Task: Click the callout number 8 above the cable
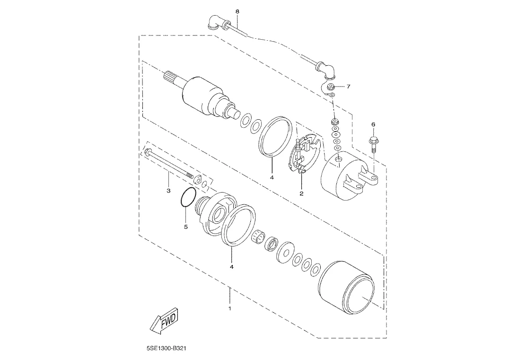pos(237,11)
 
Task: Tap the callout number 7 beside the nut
pos(349,87)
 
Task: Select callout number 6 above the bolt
pos(373,124)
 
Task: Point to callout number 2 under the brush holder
pos(301,193)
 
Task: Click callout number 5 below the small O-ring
pos(185,227)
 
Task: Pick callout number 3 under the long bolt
pos(168,191)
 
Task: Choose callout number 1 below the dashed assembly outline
pos(230,308)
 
